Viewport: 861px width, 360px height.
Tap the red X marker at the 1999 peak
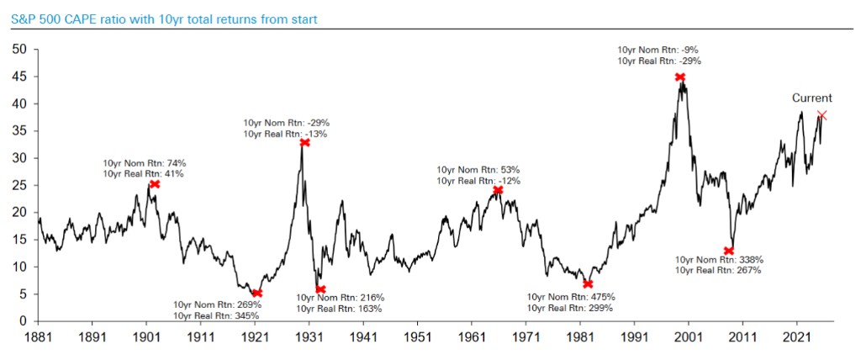[679, 77]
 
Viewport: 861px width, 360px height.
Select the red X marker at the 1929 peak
[304, 143]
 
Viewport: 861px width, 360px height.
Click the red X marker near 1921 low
[257, 294]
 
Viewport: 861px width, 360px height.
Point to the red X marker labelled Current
[821, 115]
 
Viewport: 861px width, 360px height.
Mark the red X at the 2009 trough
[729, 251]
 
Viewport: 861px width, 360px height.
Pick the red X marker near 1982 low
[588, 283]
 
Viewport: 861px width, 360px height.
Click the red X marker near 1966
[498, 190]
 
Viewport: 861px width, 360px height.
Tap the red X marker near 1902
[155, 184]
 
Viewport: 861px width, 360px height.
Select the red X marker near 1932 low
[320, 289]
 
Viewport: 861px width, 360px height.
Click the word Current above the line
[812, 98]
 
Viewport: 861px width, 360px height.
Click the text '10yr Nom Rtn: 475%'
[571, 297]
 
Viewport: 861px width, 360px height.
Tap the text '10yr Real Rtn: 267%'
[717, 270]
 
